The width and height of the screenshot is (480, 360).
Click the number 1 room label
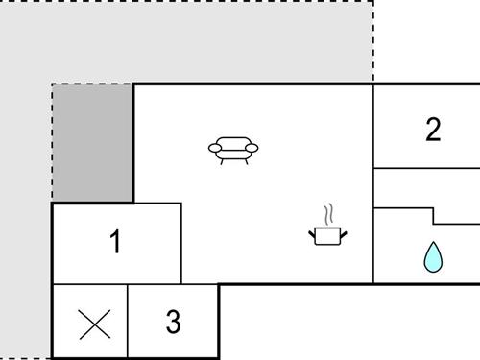pos(115,243)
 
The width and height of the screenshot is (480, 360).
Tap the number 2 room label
pos(433,130)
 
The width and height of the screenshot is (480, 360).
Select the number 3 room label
pos(173,322)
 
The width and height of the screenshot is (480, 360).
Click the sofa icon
pos(233,149)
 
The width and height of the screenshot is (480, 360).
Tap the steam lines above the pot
pos(328,212)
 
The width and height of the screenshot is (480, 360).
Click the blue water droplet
pos(434,256)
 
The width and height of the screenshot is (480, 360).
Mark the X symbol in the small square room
pos(93,324)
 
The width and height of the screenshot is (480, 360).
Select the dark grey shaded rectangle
pos(92,143)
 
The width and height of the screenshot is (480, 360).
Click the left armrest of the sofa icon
pos(214,147)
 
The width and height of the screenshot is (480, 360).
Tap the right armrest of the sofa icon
pos(252,147)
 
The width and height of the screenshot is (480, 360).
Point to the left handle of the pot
pos(312,230)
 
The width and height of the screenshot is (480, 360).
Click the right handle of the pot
pos(345,230)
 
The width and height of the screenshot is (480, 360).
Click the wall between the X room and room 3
pos(129,322)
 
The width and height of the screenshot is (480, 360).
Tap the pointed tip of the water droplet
pos(434,243)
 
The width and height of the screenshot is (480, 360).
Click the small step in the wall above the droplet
pos(434,215)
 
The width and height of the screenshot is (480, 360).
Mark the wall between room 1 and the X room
pos(91,285)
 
